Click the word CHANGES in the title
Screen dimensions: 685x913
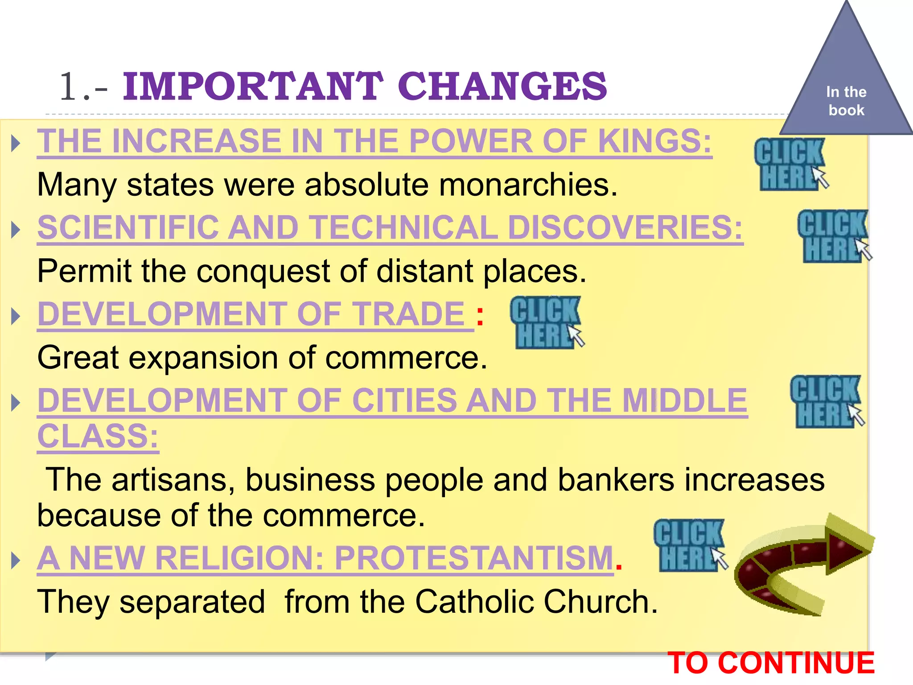click(502, 86)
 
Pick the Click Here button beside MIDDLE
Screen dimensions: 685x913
click(826, 401)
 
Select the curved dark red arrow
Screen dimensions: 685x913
click(798, 566)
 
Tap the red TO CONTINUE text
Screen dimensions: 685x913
click(771, 663)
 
